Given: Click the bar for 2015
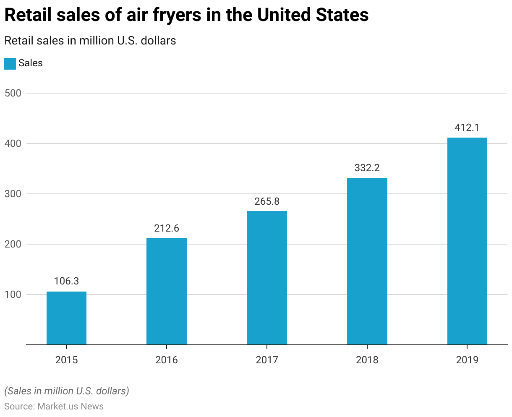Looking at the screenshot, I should [66, 318].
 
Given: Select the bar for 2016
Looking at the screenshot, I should [167, 291].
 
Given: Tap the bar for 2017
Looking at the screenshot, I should [267, 278].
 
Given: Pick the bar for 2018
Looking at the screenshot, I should [367, 261].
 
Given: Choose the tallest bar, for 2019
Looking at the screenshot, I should [467, 241].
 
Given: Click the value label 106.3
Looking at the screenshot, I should [66, 281].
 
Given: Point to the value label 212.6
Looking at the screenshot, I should [167, 228].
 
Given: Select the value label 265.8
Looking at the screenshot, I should [267, 201].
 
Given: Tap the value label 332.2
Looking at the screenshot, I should [367, 168].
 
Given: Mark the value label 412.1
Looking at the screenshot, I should [467, 128].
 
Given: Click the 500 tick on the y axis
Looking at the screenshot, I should [13, 93].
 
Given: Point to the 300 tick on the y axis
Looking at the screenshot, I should [13, 194].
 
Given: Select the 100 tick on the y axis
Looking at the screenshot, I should [13, 295].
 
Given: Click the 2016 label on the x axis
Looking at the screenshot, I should [167, 360].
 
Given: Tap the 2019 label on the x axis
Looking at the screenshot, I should [467, 360].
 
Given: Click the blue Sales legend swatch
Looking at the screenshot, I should [10, 63].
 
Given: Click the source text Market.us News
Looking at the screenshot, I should [71, 406].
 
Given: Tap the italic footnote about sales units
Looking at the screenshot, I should [67, 391].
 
